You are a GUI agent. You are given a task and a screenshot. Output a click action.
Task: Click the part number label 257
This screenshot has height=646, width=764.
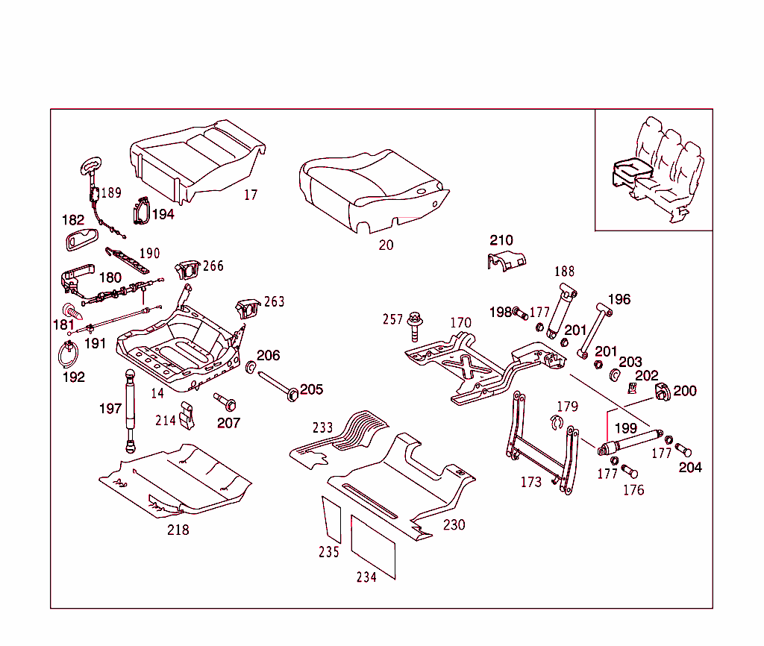coord(392,320)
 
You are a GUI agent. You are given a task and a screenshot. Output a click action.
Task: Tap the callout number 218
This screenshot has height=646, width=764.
coord(178,530)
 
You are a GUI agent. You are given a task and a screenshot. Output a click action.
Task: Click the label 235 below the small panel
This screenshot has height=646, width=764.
coord(329,552)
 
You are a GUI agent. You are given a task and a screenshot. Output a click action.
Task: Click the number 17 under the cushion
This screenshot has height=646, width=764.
coord(251,195)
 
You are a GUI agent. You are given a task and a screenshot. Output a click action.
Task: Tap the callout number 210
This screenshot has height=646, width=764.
coord(501,240)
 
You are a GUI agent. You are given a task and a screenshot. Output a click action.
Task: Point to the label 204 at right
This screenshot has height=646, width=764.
coord(690,468)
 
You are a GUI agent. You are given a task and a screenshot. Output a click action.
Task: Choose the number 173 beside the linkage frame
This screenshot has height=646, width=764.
coord(530,483)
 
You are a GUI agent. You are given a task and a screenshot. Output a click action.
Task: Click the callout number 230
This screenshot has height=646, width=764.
coord(454,525)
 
